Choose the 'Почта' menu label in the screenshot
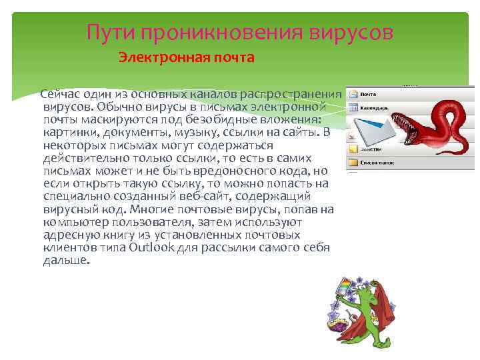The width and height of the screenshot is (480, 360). click(369, 94)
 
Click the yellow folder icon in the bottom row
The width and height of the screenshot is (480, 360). click(353, 162)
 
